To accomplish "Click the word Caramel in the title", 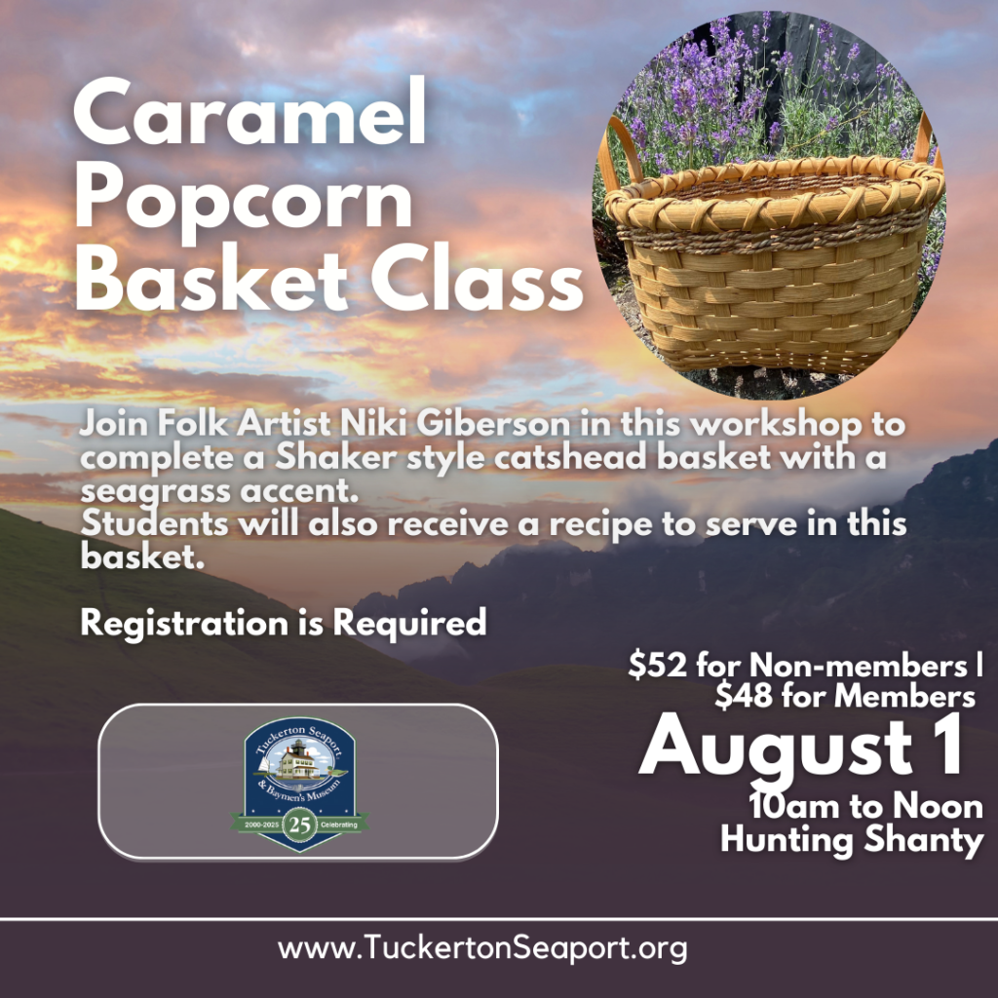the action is [249, 113].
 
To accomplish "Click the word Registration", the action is [184, 623].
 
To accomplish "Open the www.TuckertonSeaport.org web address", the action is [482, 948].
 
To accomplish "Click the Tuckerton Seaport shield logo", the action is [299, 783].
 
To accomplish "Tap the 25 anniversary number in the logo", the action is [300, 825].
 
